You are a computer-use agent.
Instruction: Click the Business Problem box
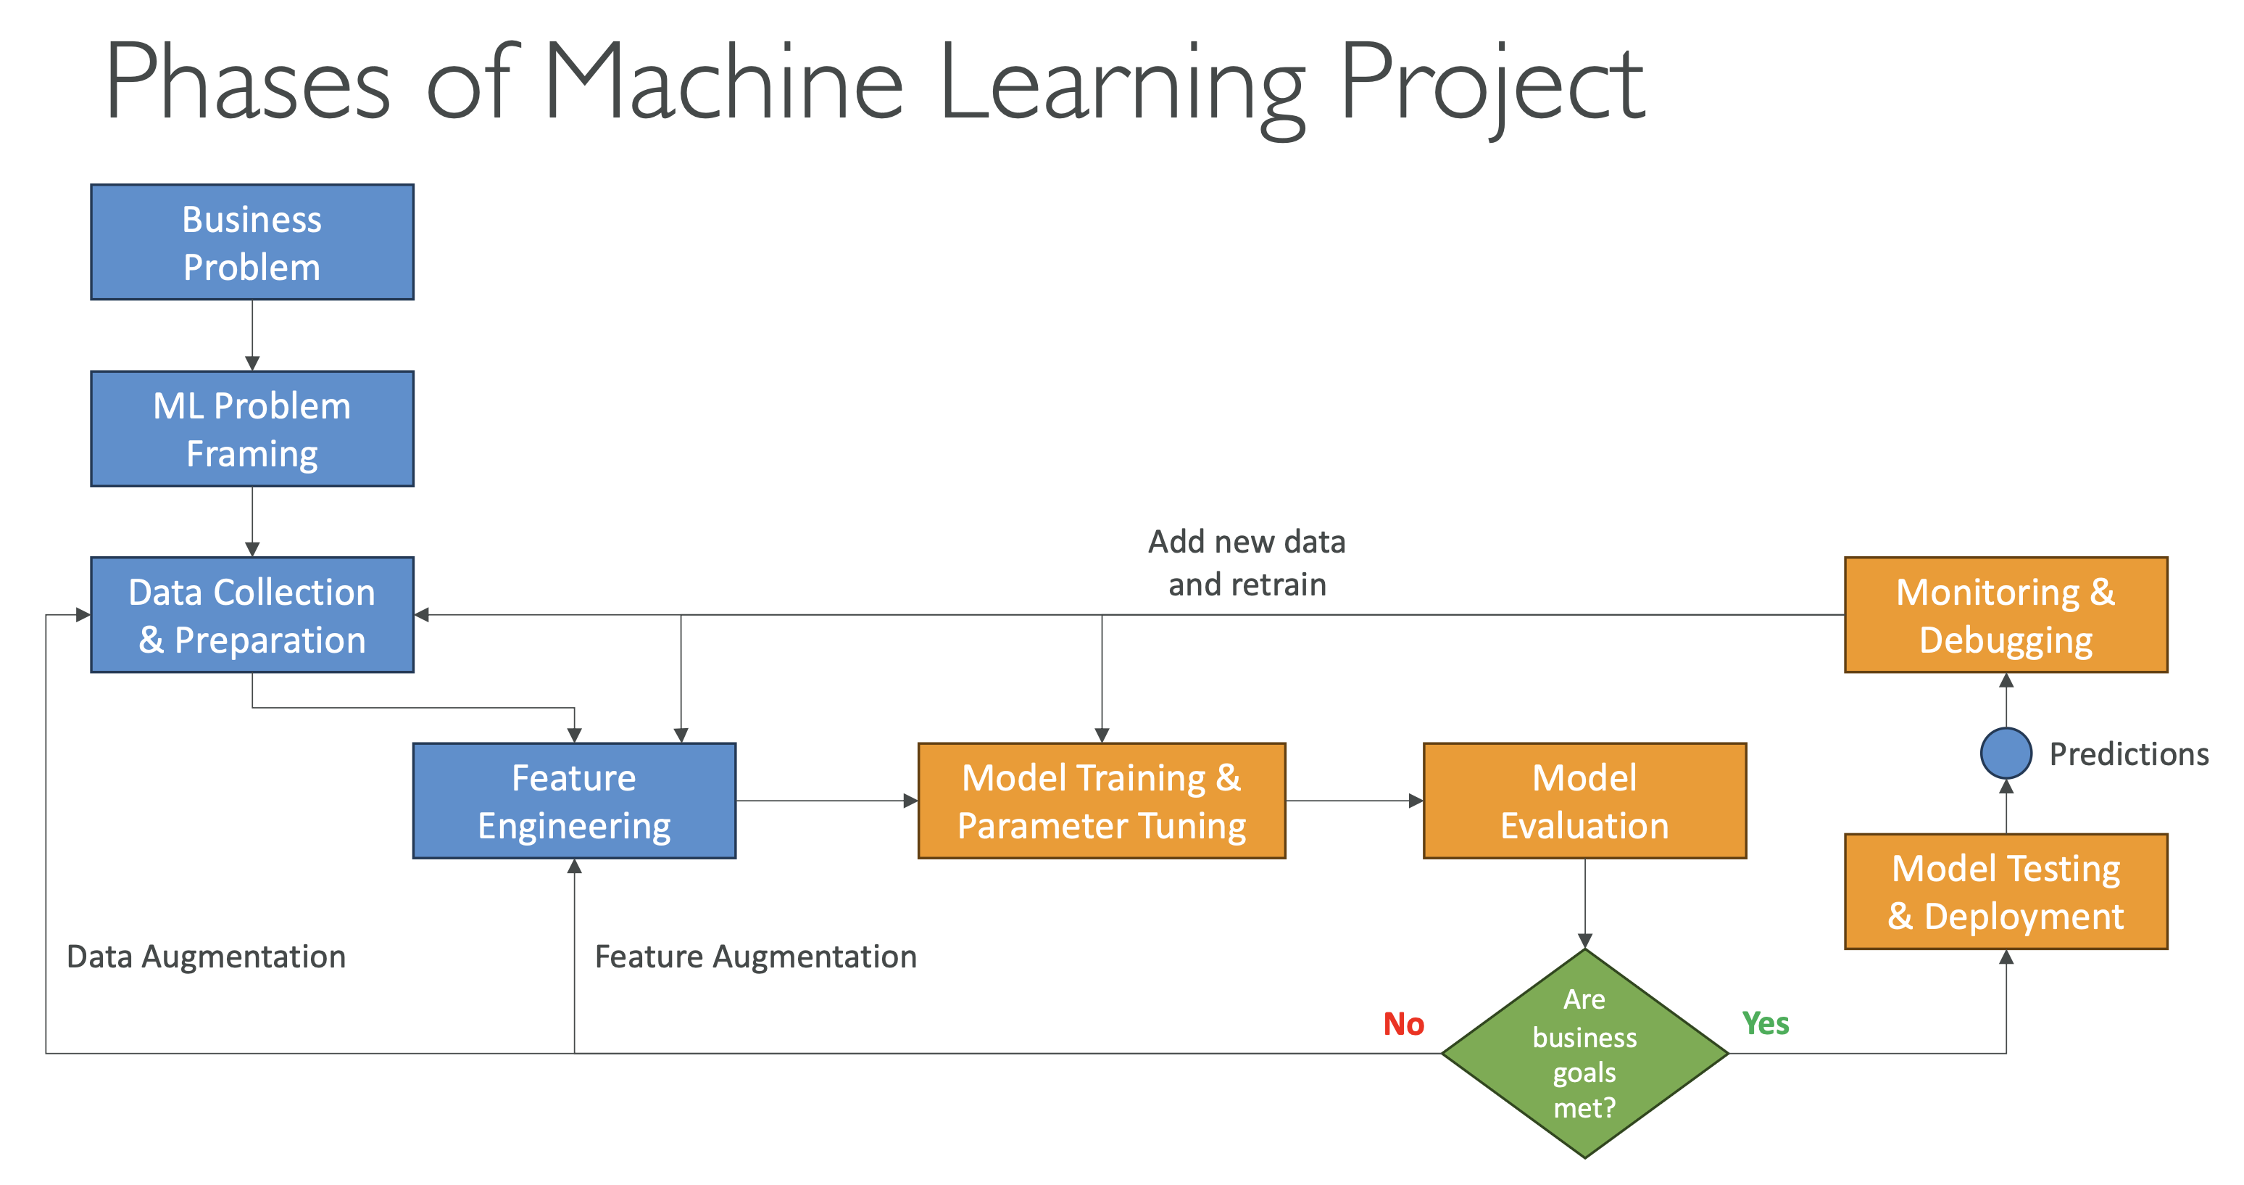click(252, 242)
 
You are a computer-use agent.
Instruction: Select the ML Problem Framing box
click(252, 429)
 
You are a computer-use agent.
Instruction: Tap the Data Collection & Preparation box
click(252, 615)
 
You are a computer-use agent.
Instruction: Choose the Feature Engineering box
click(574, 801)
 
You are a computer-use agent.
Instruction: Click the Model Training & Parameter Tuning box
click(1101, 801)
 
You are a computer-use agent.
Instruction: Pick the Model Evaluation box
click(1584, 801)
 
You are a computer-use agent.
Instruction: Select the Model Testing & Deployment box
click(2006, 891)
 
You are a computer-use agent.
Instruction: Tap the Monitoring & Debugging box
click(2006, 615)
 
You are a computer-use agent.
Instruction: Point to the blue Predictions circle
click(2006, 753)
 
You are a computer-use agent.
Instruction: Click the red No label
click(1403, 1024)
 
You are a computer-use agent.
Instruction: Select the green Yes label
click(1765, 1023)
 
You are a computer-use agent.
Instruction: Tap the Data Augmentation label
click(207, 957)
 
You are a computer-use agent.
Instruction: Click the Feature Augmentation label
click(755, 957)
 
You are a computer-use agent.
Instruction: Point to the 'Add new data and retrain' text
click(1247, 563)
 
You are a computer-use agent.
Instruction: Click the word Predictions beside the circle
click(2128, 753)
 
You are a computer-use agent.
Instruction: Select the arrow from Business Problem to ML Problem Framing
click(252, 336)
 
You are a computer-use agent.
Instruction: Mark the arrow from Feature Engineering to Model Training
click(827, 801)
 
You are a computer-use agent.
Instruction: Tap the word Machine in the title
click(724, 82)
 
